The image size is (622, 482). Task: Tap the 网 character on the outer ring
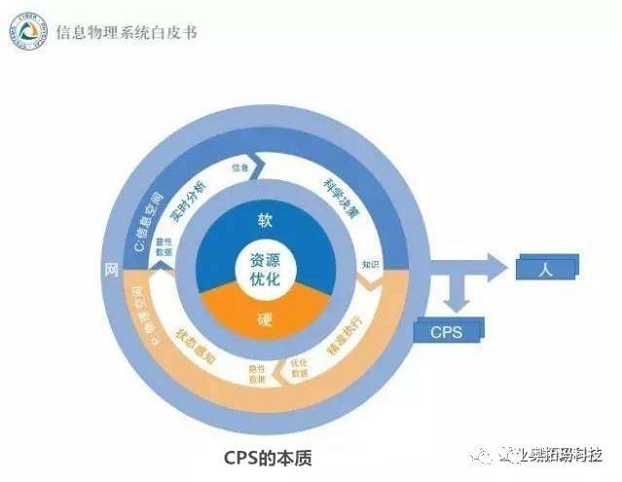point(111,267)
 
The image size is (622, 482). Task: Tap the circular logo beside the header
point(26,34)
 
